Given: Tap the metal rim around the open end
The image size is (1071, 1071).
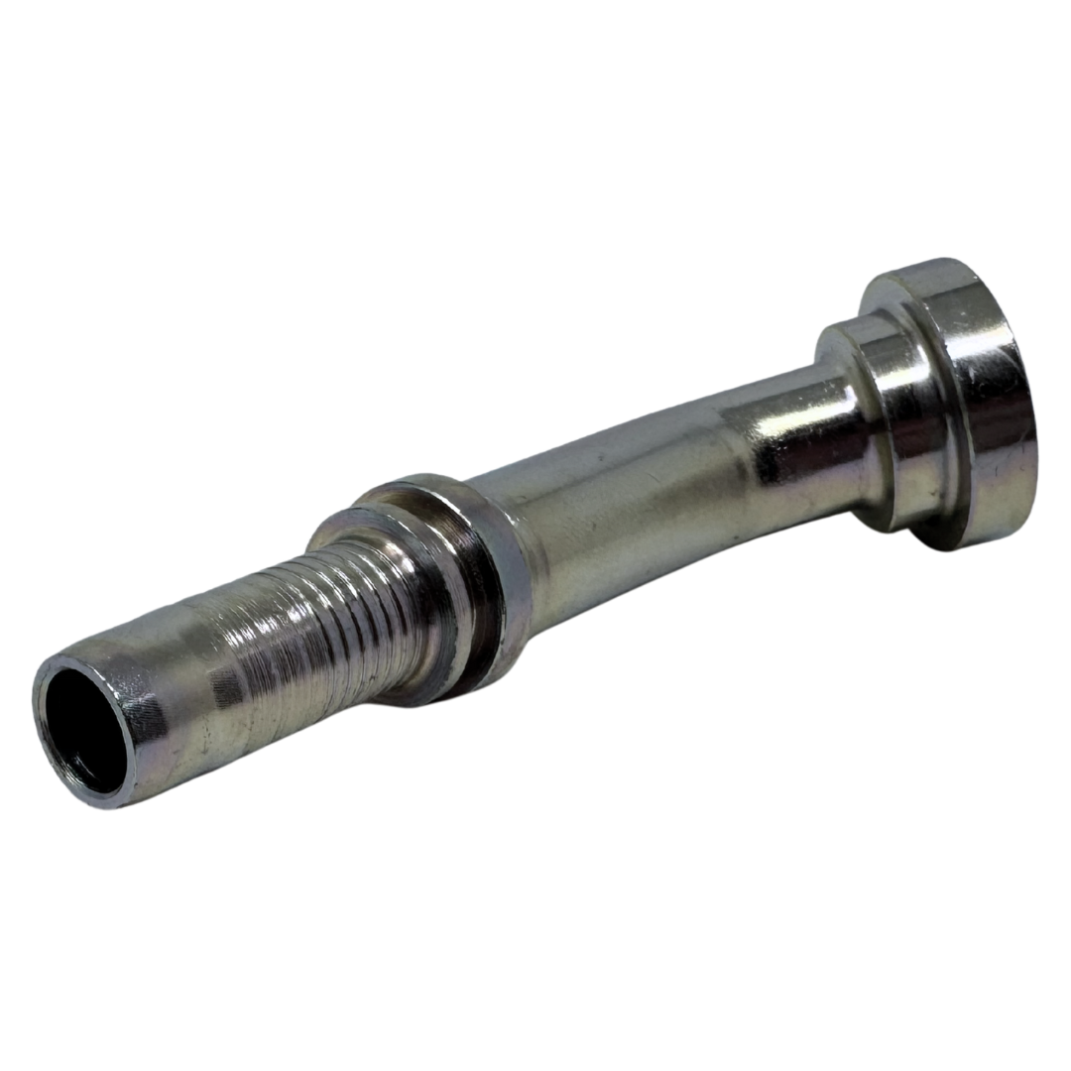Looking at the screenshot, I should pos(59,754).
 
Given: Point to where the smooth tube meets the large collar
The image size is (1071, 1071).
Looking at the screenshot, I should pos(516,555).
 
